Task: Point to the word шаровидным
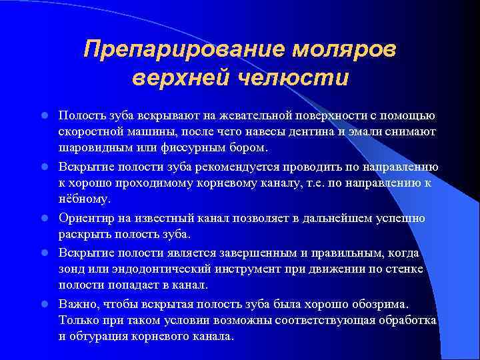[x=93, y=149]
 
